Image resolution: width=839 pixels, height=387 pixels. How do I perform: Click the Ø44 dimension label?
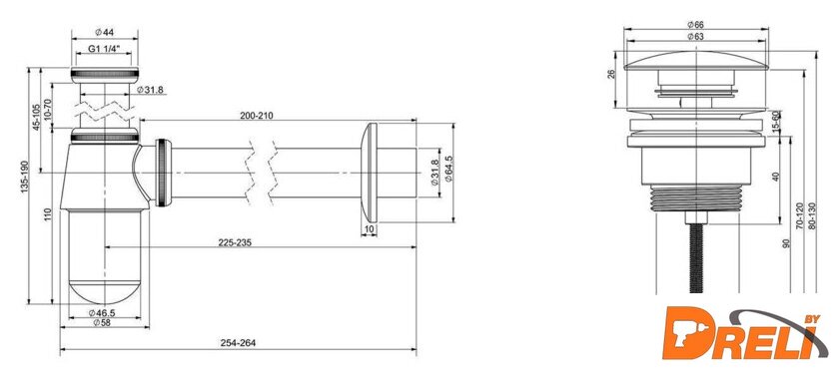[104, 33]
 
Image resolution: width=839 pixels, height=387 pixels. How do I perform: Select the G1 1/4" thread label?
[104, 49]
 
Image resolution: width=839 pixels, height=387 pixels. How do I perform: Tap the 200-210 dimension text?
[257, 116]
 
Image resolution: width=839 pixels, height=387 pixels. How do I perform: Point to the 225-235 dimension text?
[235, 242]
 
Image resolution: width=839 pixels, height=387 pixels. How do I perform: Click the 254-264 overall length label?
[238, 343]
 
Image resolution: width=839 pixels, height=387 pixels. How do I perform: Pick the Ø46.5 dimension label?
[102, 313]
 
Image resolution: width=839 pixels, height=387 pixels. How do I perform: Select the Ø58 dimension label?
[102, 322]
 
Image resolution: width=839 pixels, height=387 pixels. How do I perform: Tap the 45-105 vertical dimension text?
[36, 117]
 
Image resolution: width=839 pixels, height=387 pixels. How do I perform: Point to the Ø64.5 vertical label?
[448, 169]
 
